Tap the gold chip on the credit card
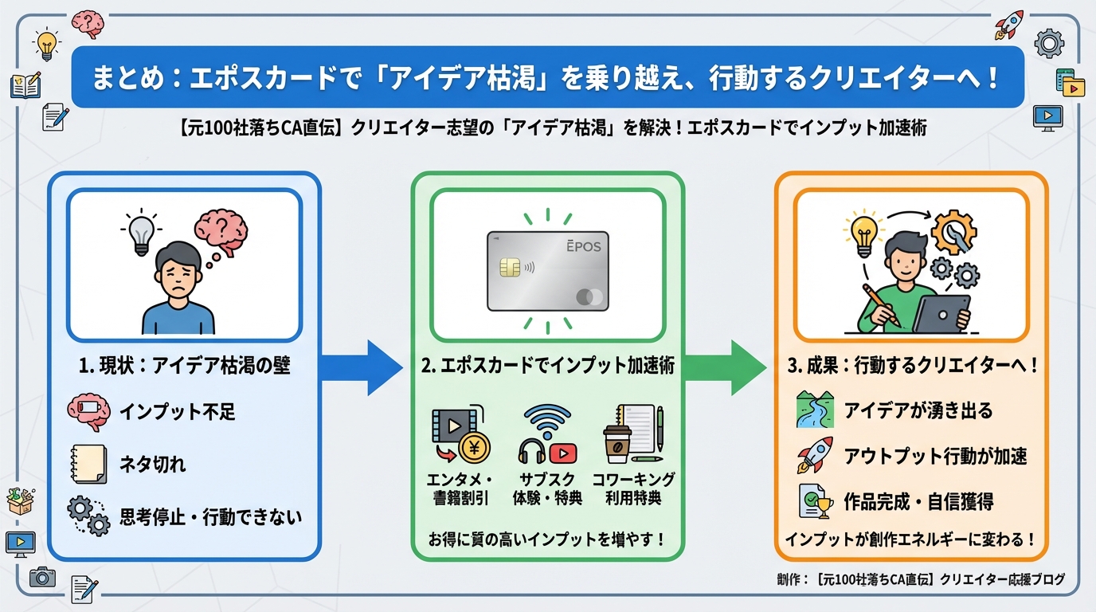click(x=510, y=267)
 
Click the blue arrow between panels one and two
click(x=362, y=367)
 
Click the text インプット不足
click(x=178, y=412)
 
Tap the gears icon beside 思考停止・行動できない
click(x=88, y=516)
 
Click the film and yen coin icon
click(x=460, y=435)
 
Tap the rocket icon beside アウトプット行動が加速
click(x=814, y=456)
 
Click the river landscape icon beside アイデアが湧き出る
click(x=814, y=410)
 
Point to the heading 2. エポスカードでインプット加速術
click(x=547, y=366)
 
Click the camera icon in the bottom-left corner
click(x=42, y=577)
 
